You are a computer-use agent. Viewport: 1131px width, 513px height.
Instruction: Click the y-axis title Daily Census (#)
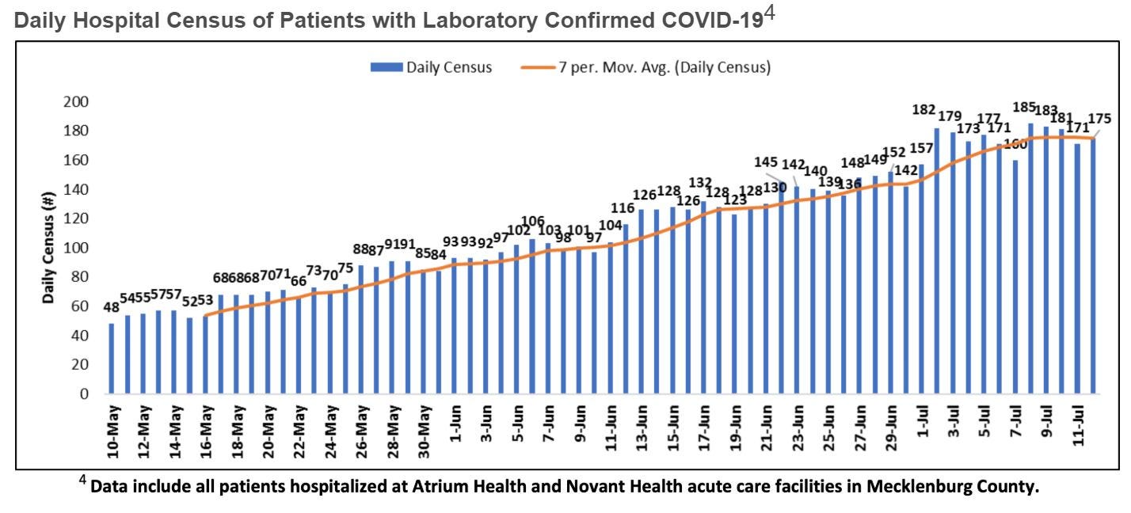click(49, 248)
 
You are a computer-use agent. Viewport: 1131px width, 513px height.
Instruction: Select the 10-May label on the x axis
click(113, 432)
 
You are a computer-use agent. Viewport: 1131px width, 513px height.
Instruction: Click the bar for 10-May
click(112, 359)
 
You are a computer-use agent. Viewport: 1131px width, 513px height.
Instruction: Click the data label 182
click(925, 109)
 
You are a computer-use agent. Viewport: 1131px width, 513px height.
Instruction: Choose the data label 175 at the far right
click(1099, 119)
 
